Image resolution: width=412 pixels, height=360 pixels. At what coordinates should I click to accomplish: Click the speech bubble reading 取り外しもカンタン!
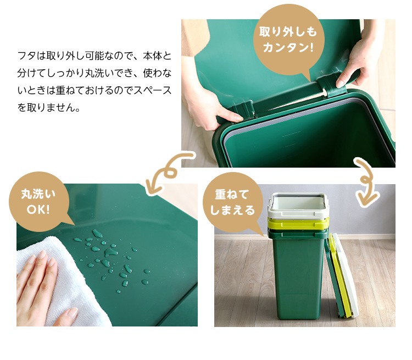(288, 40)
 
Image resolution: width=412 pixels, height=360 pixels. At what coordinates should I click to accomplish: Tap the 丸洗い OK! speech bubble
(39, 202)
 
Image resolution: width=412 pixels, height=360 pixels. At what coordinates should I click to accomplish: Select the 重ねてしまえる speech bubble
(232, 202)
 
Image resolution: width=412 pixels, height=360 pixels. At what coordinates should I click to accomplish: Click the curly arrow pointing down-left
(168, 172)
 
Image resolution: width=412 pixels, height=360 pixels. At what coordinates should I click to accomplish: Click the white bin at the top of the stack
(298, 204)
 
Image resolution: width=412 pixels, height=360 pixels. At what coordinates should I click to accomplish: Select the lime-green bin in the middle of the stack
(298, 224)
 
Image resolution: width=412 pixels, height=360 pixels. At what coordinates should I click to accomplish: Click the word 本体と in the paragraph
(157, 56)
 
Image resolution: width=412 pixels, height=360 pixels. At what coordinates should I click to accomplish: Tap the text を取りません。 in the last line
(48, 108)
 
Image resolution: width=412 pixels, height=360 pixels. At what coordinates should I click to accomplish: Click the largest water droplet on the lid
(110, 253)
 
